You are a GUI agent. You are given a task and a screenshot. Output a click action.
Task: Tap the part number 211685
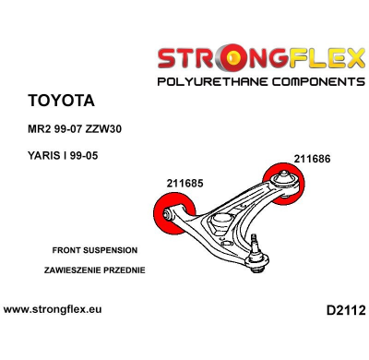coord(186,182)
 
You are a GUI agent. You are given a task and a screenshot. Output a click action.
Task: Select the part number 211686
coord(312,158)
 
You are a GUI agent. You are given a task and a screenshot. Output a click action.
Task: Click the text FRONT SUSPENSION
coord(95,250)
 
